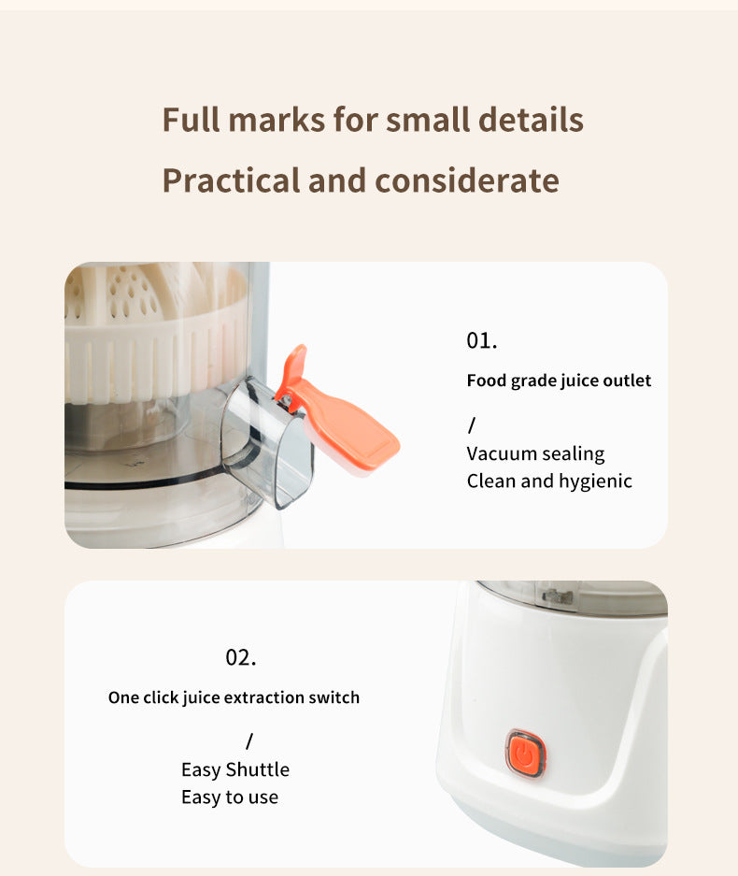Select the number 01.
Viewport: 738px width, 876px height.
[482, 340]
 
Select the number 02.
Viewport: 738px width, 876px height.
[241, 657]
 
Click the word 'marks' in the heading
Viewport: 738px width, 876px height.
[277, 120]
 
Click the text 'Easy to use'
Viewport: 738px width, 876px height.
[230, 797]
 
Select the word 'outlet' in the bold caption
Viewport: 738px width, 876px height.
[626, 381]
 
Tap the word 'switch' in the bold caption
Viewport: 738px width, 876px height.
[334, 697]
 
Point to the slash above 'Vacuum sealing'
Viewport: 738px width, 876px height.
[472, 425]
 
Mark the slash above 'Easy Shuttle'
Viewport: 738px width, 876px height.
[249, 741]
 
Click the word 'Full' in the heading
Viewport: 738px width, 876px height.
[192, 120]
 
